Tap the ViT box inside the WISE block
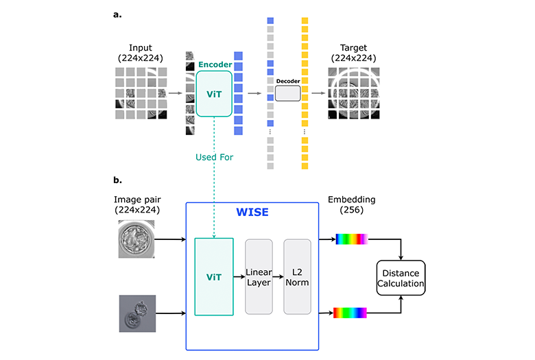[x=214, y=276]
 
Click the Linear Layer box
[x=259, y=276]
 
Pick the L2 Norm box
[x=298, y=276]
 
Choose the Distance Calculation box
[x=401, y=277]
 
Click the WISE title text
[x=252, y=212]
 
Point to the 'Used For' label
[x=214, y=157]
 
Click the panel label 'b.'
[x=118, y=181]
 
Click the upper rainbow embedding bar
[x=350, y=239]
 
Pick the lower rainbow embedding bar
[x=350, y=313]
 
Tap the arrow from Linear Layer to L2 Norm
[x=278, y=277]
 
